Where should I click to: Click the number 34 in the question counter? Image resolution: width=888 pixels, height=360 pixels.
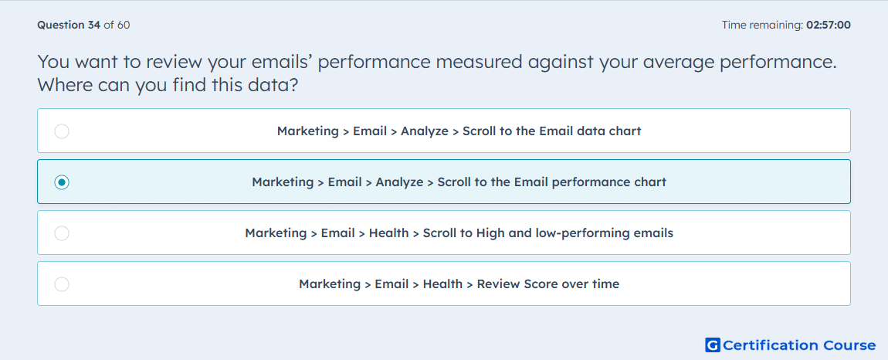[x=94, y=25]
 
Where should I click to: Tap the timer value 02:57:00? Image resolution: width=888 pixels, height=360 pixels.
[x=828, y=25]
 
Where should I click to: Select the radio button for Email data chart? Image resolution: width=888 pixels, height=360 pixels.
[x=62, y=131]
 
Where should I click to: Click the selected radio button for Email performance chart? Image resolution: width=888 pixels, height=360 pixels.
[x=62, y=182]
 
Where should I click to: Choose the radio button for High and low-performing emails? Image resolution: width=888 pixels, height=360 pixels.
[x=62, y=233]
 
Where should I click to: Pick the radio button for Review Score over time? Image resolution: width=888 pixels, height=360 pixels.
[x=62, y=284]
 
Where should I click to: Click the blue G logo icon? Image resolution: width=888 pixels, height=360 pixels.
[x=713, y=345]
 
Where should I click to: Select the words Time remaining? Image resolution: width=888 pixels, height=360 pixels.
[x=762, y=25]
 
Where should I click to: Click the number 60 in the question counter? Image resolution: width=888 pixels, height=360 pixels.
[x=124, y=25]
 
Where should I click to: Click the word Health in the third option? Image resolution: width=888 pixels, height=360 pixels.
[x=388, y=233]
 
